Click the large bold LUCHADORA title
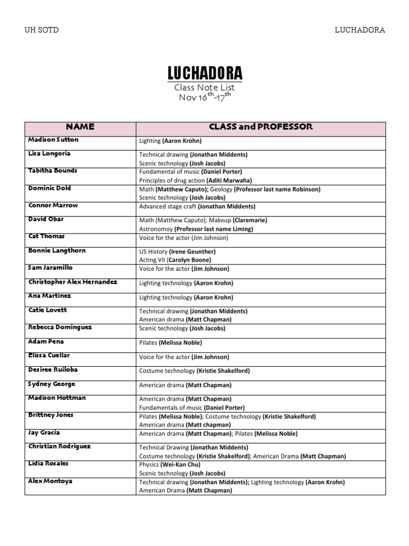pos(205,74)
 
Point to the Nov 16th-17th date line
pos(205,97)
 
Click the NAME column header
pos(80,127)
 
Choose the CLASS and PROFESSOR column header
pos(260,127)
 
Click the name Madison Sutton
pos(53,140)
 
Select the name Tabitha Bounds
pos(53,171)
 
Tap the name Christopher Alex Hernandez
pos(72,282)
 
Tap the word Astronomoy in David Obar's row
pos(155,229)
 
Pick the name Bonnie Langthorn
pos(56,251)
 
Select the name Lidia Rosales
pos(49,464)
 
